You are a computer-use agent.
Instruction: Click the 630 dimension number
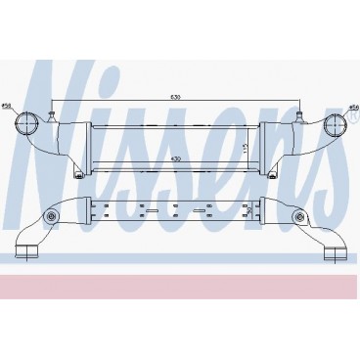(175, 98)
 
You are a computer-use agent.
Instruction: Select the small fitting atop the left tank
(50, 117)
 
